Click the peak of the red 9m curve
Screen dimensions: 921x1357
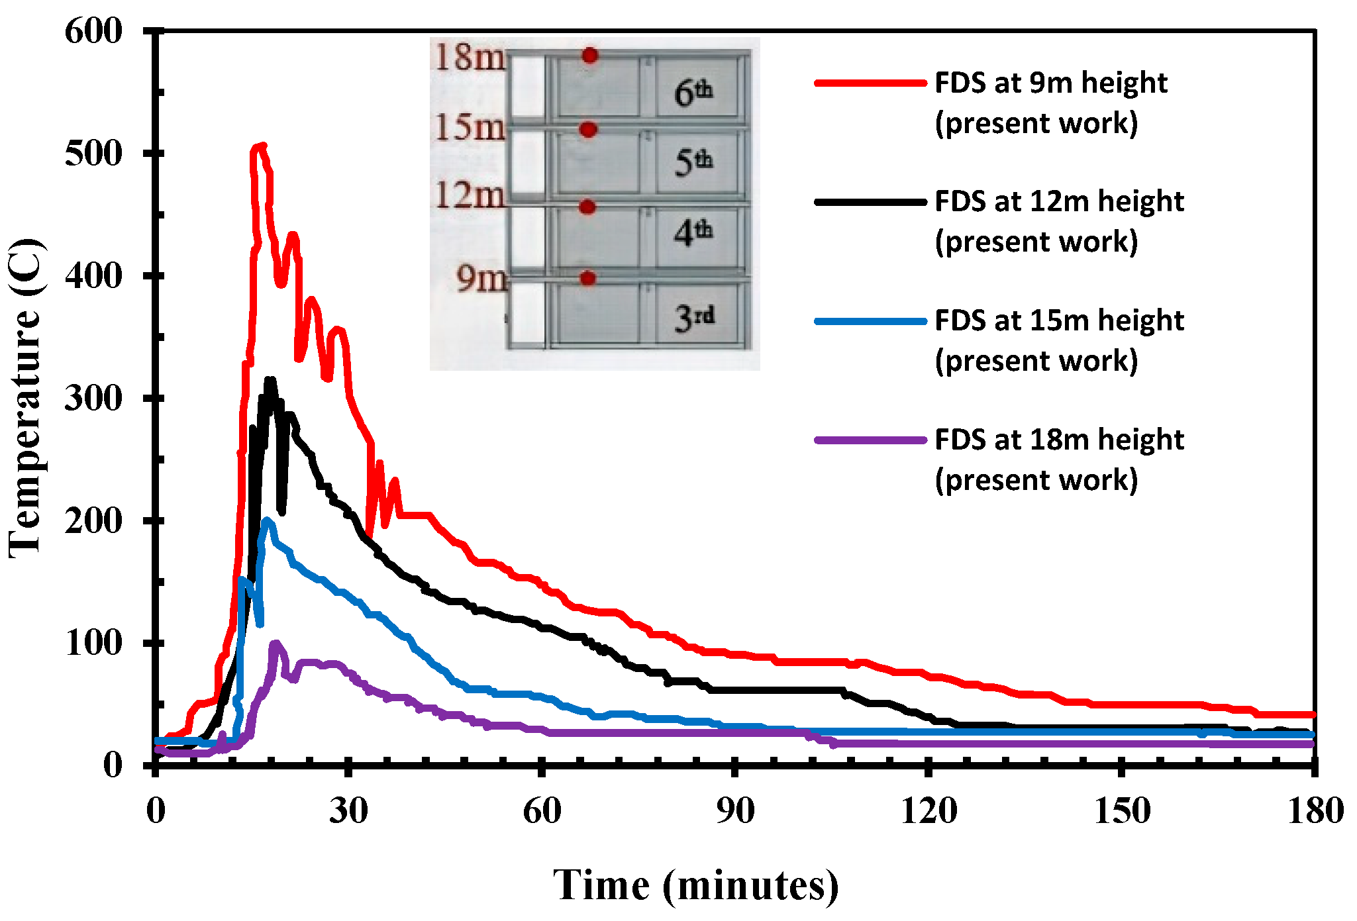pos(262,146)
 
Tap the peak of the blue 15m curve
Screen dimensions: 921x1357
pos(267,520)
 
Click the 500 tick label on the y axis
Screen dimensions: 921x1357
pos(93,154)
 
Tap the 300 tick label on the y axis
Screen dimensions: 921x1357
pos(93,399)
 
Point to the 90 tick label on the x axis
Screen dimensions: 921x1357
pos(735,810)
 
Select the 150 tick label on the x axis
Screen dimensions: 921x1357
pos(1122,810)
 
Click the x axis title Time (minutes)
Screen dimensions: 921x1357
pos(695,885)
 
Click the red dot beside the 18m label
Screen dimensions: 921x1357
pos(590,56)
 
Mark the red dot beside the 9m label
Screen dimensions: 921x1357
pos(588,279)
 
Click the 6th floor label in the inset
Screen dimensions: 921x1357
pos(693,92)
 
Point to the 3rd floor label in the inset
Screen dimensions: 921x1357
pos(694,318)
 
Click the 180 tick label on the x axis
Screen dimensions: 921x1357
pos(1315,810)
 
